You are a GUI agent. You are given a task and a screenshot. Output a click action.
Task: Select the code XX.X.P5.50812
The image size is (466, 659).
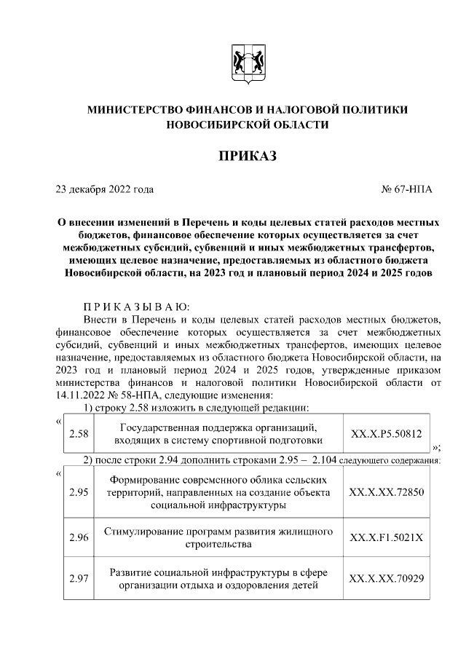coord(386,434)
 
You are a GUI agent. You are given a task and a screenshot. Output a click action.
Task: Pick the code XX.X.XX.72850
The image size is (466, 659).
coord(386,492)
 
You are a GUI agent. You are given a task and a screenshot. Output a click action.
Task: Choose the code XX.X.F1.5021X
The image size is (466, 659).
coord(386,537)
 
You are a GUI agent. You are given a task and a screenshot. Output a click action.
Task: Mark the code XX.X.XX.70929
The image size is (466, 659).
coord(386,579)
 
